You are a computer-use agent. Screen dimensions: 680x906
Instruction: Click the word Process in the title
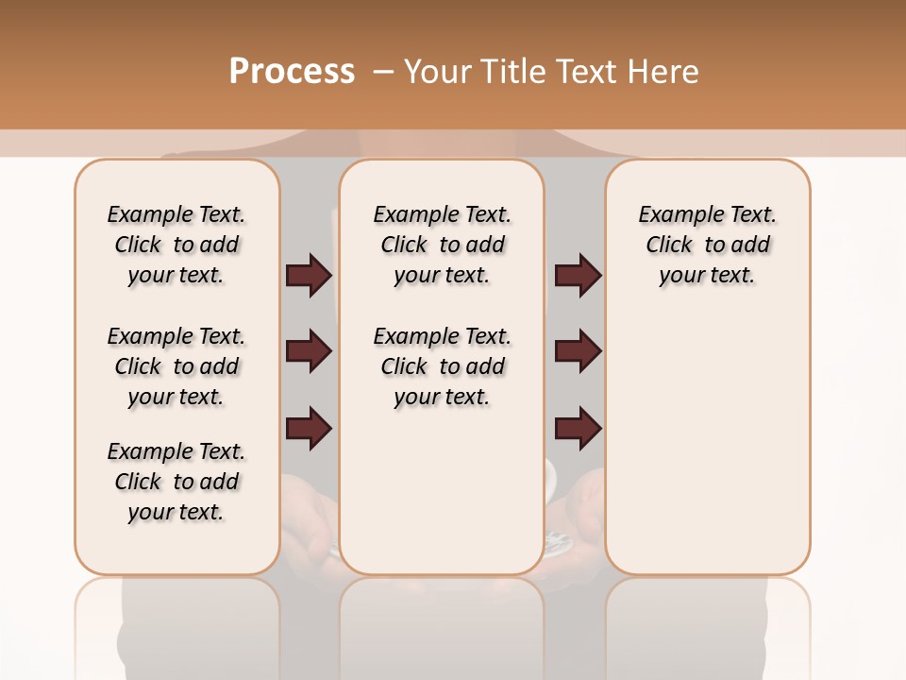pyautogui.click(x=292, y=72)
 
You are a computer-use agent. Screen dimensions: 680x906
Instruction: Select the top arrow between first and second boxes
pyautogui.click(x=309, y=276)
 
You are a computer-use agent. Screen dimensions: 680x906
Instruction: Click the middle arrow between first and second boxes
pyautogui.click(x=309, y=352)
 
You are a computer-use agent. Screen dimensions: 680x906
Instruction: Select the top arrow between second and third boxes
pyautogui.click(x=578, y=276)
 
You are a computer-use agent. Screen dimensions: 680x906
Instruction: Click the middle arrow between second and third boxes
pyautogui.click(x=578, y=352)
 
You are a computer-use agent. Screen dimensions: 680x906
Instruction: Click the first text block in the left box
pyautogui.click(x=176, y=245)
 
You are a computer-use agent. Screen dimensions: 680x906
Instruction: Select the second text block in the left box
pyautogui.click(x=176, y=366)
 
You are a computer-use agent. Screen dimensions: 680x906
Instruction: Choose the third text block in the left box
pyautogui.click(x=176, y=482)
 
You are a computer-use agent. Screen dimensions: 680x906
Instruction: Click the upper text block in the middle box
pyautogui.click(x=442, y=245)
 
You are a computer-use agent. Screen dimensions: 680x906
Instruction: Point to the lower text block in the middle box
pyautogui.click(x=442, y=366)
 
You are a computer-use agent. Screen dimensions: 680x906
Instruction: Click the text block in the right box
pyautogui.click(x=707, y=245)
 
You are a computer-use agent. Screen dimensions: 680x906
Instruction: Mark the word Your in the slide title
pyautogui.click(x=438, y=72)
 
